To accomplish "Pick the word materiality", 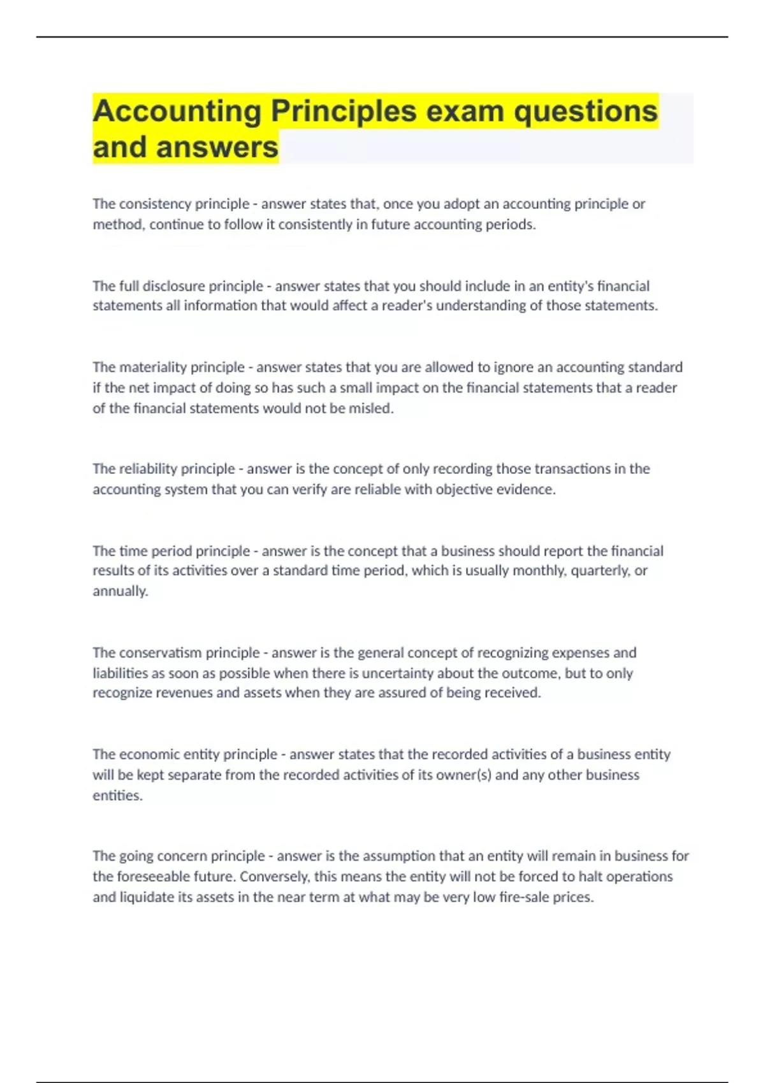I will (153, 367).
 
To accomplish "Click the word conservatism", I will (158, 652).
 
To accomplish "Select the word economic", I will (149, 754).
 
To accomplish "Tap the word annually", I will (120, 591).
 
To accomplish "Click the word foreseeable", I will (153, 877).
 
